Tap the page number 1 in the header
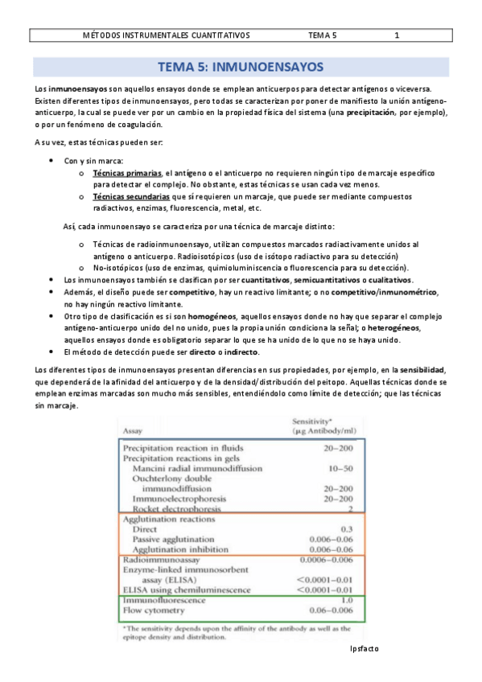[x=397, y=35]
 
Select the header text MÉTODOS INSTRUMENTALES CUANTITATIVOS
[x=167, y=35]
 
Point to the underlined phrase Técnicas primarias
[x=126, y=173]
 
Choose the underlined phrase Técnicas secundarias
[x=130, y=196]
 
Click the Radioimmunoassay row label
[x=159, y=559]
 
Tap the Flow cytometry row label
[x=150, y=610]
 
